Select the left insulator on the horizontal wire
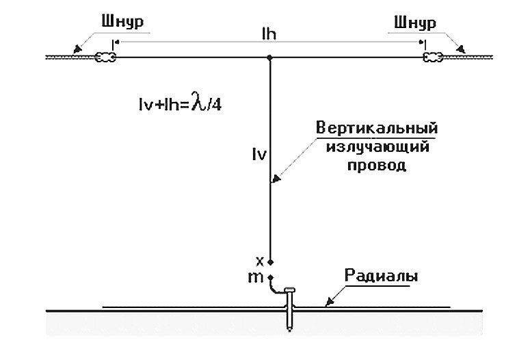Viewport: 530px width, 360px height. click(x=105, y=57)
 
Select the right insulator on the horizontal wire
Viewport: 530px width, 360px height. click(x=433, y=57)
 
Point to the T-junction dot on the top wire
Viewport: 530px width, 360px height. click(x=271, y=57)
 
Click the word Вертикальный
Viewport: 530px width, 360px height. click(x=377, y=128)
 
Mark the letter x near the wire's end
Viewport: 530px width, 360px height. click(x=259, y=261)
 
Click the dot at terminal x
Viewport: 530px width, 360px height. click(x=271, y=261)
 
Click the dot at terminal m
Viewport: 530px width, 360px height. click(x=271, y=277)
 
